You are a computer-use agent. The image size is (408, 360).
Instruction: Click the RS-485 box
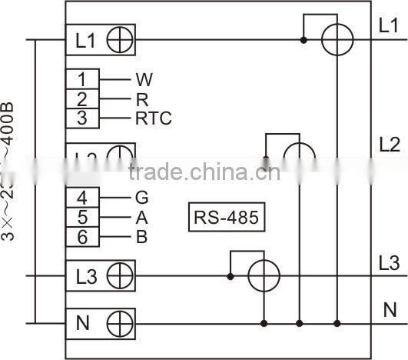226,217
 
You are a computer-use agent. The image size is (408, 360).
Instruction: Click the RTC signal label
154,118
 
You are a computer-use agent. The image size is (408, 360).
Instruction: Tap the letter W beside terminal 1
144,79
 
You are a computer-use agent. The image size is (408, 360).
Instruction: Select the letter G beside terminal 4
142,198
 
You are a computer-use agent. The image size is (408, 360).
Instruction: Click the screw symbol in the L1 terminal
120,40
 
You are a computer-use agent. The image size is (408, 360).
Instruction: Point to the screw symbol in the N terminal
120,322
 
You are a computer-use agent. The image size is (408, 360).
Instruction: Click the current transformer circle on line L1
336,39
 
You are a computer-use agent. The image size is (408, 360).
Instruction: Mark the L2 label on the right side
390,144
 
